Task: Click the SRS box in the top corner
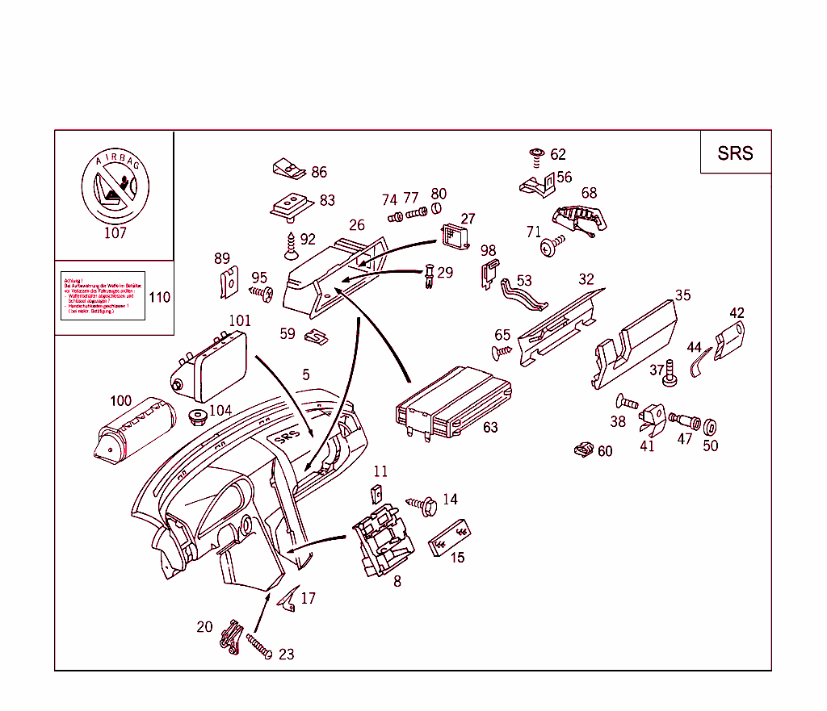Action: tap(735, 153)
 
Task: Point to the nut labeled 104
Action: tap(195, 418)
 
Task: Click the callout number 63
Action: tap(490, 428)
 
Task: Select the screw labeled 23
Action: tap(258, 647)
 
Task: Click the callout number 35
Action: tap(682, 295)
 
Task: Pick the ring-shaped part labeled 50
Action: tap(711, 426)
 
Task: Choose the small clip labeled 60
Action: tap(583, 450)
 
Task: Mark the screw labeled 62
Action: tap(535, 153)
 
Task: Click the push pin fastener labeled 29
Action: tap(428, 277)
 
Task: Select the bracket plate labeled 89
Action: tap(229, 283)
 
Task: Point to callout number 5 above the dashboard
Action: tap(306, 374)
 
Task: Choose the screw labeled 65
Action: tap(501, 351)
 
